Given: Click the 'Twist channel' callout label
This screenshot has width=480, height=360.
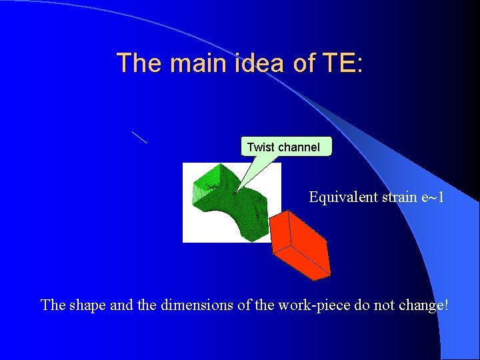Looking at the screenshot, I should pos(285,147).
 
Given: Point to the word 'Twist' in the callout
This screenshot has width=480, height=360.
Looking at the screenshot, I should pos(260,147).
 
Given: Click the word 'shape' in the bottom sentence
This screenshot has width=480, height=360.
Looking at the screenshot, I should pos(85,305).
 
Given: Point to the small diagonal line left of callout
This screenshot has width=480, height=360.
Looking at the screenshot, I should pos(139,137).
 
